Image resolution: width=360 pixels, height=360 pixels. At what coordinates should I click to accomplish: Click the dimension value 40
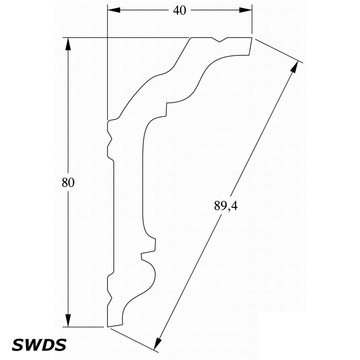[x=180, y=10]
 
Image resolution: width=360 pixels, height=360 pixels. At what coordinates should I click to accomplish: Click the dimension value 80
[x=68, y=183]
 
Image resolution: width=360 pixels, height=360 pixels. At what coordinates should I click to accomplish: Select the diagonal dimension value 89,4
[x=226, y=206]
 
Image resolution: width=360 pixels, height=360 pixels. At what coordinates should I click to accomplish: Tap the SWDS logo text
[x=39, y=345]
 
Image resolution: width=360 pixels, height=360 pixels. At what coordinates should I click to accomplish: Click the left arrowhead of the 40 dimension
[x=114, y=10]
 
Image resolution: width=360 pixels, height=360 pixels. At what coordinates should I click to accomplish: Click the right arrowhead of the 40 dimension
[x=246, y=10]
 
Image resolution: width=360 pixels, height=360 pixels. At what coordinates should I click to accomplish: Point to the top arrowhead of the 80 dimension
[x=68, y=44]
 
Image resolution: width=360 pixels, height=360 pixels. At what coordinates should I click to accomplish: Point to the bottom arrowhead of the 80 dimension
[x=68, y=320]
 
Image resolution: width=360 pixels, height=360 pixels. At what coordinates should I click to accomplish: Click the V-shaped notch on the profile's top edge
[x=220, y=40]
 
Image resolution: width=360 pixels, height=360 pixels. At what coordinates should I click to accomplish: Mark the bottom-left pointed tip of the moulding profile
[x=107, y=327]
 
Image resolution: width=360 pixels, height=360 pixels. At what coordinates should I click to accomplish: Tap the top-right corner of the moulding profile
[x=252, y=37]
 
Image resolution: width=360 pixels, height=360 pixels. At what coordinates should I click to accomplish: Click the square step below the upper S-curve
[x=166, y=109]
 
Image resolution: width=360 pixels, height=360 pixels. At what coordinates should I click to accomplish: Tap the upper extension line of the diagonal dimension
[x=279, y=51]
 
